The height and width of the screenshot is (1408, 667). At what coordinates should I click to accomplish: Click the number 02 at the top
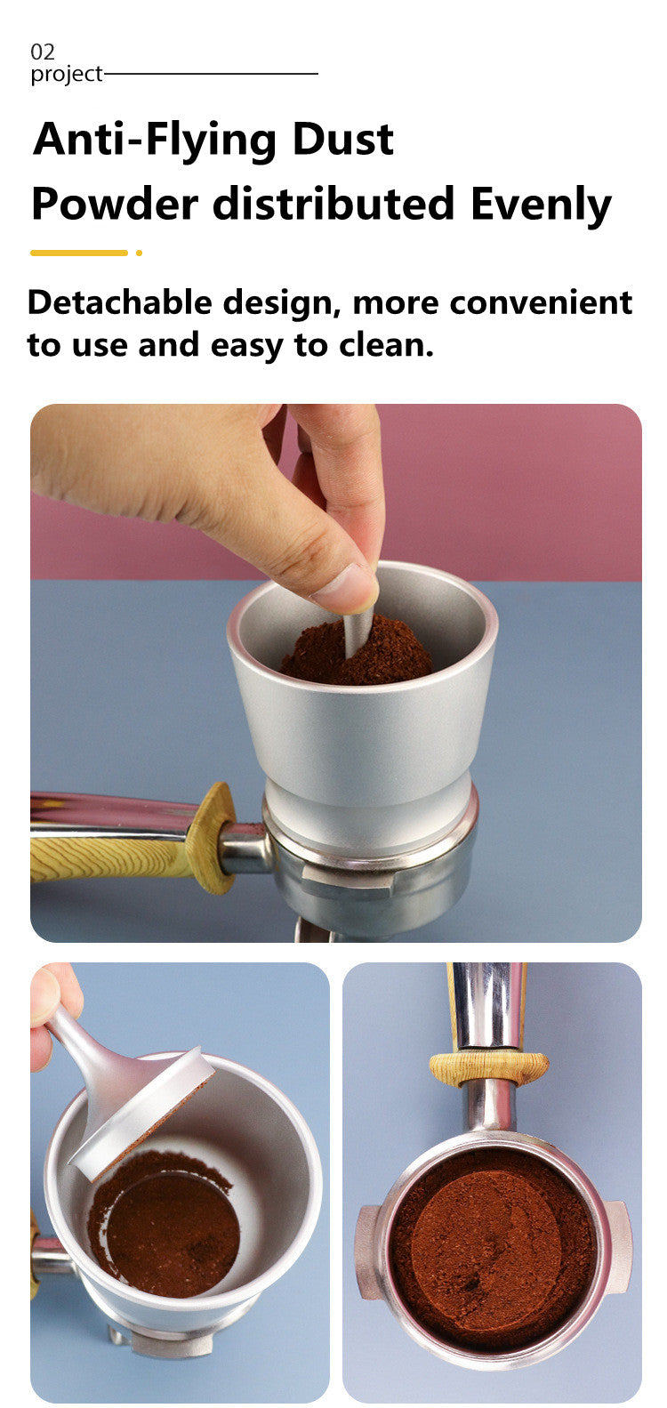click(x=43, y=52)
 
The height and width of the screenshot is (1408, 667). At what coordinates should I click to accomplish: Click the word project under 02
click(x=67, y=74)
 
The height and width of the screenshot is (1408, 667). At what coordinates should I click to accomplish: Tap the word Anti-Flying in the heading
click(x=155, y=141)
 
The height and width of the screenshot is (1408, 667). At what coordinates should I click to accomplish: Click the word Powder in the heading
click(x=115, y=204)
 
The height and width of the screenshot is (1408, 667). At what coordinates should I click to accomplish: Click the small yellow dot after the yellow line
click(x=139, y=253)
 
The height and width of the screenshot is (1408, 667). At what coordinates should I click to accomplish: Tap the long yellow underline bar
click(x=79, y=253)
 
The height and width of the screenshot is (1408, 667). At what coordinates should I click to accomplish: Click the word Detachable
click(x=120, y=302)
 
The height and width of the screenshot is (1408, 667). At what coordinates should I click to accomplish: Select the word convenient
click(x=542, y=303)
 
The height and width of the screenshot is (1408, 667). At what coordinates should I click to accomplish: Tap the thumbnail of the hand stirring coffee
click(x=335, y=672)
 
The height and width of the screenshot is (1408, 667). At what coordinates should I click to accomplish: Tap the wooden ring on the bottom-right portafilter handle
click(x=488, y=1066)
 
